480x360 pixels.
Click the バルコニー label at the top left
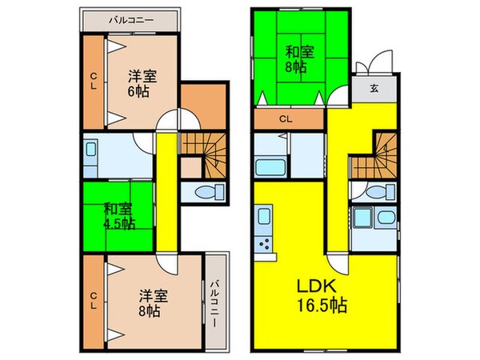[128, 18]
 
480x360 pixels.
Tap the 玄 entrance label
[375, 90]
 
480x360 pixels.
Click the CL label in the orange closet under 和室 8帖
[286, 121]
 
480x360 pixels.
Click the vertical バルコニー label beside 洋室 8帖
[216, 298]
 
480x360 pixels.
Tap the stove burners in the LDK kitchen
[262, 243]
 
